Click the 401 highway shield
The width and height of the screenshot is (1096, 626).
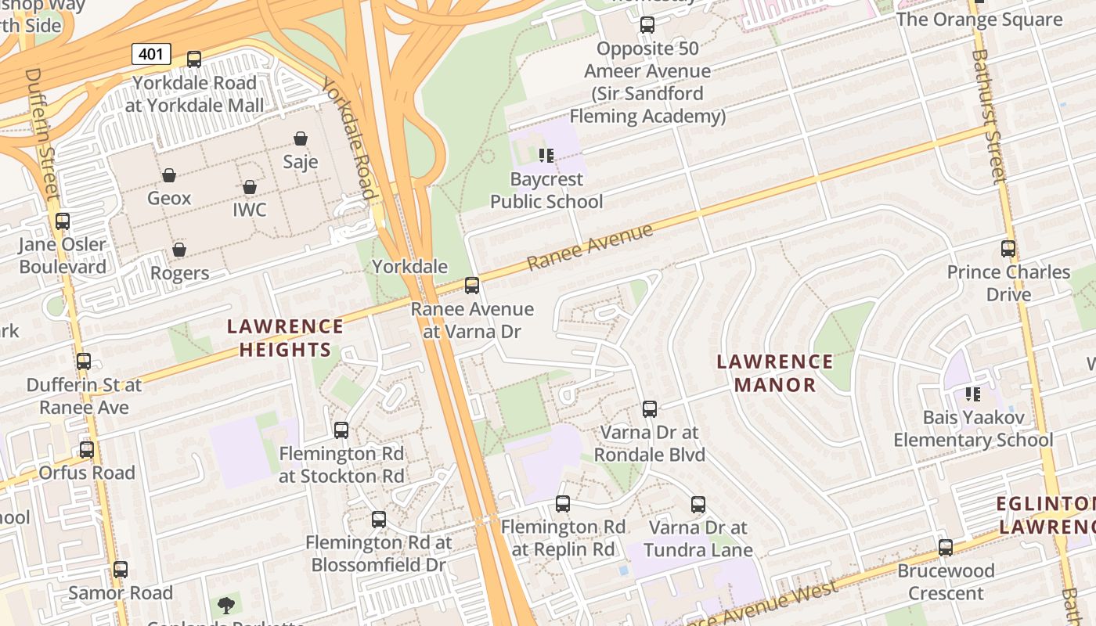151,54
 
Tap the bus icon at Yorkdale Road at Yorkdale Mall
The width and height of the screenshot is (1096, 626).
194,59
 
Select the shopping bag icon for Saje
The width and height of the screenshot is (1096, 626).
301,139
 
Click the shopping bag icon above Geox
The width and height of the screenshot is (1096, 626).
169,174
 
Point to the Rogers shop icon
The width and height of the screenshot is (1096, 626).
179,250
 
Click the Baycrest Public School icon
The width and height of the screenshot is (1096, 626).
546,156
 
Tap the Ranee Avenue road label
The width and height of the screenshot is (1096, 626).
589,247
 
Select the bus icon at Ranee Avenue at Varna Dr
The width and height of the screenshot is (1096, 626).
472,286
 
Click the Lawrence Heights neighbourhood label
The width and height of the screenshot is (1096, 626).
285,337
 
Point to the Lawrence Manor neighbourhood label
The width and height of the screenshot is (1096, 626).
775,372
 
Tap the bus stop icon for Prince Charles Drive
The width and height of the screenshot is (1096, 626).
1008,249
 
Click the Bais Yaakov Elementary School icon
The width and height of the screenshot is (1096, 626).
973,394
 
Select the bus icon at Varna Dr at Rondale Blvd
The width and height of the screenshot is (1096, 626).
650,408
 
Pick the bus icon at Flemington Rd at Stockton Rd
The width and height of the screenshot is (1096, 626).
341,430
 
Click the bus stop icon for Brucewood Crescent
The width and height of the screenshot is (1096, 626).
946,547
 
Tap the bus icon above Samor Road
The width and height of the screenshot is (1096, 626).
121,569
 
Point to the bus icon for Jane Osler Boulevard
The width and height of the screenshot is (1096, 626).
63,221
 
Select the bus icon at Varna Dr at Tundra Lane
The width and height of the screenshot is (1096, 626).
698,505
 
